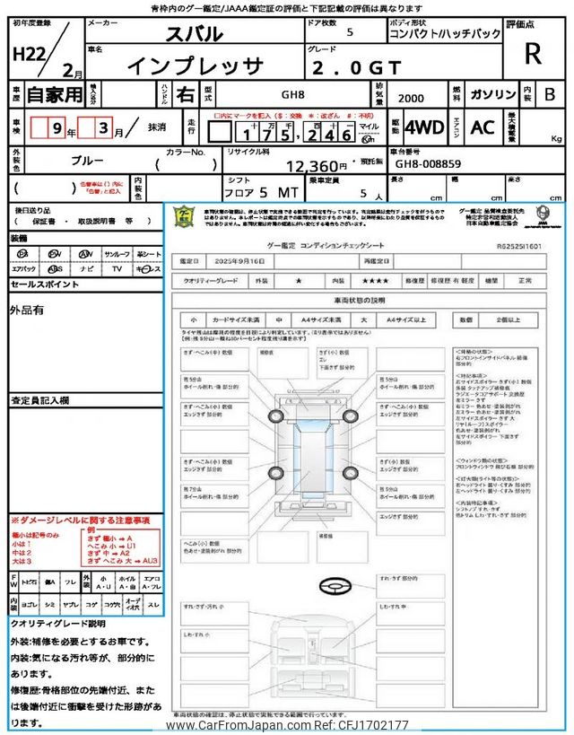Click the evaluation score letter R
coord(533,54)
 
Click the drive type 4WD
coord(424,127)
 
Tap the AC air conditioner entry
coord(483,127)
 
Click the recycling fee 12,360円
coord(315,165)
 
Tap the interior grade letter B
coord(550,94)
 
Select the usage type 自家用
coord(55,93)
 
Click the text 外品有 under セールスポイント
coord(28,311)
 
